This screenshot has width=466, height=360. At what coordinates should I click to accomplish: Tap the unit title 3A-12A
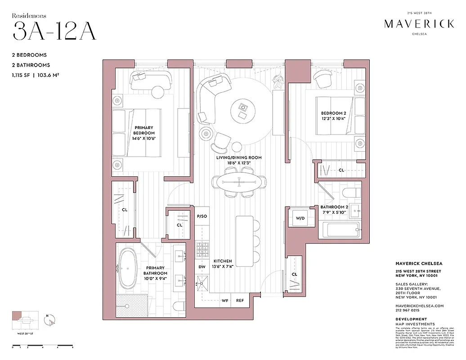pyautogui.click(x=54, y=31)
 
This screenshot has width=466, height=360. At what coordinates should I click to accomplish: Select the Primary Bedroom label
pyautogui.click(x=143, y=133)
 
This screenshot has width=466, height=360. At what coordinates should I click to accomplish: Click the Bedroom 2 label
pyautogui.click(x=333, y=115)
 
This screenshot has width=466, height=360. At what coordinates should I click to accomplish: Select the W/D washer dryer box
pyautogui.click(x=300, y=218)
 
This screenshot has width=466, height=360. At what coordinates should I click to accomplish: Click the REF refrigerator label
pyautogui.click(x=240, y=301)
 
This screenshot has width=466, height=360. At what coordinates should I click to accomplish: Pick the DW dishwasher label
pyautogui.click(x=202, y=267)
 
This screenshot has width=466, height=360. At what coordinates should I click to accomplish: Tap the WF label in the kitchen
pyautogui.click(x=225, y=301)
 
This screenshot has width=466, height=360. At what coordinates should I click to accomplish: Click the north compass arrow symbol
pyautogui.click(x=52, y=321)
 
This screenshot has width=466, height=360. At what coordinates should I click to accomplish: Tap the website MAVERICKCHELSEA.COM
pyautogui.click(x=420, y=306)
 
